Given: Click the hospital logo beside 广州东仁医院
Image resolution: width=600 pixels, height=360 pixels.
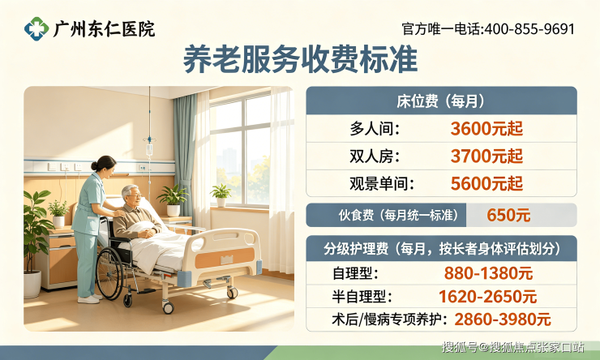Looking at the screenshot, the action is (36, 28).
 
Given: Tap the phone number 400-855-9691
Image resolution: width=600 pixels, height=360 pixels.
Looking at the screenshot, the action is (529, 29).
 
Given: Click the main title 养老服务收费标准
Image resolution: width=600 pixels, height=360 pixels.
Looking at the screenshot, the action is (300, 59).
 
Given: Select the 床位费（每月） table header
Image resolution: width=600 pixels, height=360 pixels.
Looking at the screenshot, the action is (441, 101).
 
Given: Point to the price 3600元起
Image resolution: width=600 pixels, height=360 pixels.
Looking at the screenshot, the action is (486, 129).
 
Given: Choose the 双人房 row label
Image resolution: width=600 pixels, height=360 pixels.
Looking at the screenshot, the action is (375, 156).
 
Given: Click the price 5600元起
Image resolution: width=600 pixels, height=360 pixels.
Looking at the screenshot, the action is (486, 183).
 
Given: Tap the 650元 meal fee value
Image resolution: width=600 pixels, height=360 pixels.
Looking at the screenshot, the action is (508, 215).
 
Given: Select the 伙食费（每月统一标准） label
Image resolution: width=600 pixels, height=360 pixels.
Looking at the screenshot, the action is (398, 215).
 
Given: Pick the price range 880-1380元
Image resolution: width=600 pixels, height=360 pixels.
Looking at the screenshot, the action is (488, 273).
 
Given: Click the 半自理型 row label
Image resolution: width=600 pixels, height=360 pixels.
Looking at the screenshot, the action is (362, 297).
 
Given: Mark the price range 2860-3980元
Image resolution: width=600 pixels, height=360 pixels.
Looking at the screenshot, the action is (503, 319).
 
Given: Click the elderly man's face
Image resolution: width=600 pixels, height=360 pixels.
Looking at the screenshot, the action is (133, 196).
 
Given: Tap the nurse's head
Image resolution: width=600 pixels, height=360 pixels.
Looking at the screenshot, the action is (103, 165).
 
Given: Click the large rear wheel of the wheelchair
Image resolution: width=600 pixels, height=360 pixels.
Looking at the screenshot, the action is (109, 273).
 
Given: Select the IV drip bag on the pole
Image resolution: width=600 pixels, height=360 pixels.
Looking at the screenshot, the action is (149, 149).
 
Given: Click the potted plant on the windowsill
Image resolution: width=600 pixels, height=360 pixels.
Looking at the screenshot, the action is (221, 195).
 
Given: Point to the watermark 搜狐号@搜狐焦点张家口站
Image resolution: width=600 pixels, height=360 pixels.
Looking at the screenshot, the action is (513, 347).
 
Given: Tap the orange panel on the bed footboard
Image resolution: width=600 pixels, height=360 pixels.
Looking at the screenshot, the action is (225, 258).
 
